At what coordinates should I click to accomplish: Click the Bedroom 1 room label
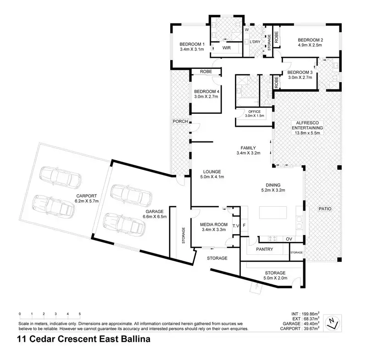192,44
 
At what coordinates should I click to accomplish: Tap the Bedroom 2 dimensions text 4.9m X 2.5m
311,46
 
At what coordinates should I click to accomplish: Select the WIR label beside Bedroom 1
226,47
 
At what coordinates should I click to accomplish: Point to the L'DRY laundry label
255,42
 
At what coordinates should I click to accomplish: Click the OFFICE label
254,112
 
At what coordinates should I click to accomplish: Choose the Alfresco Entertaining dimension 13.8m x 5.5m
307,133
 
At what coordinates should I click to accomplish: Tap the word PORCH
178,122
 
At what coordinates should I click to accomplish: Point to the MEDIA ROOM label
213,224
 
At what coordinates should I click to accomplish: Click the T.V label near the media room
236,226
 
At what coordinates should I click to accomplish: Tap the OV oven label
289,239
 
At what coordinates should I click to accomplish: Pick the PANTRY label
265,249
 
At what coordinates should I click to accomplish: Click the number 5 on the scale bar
80,314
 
